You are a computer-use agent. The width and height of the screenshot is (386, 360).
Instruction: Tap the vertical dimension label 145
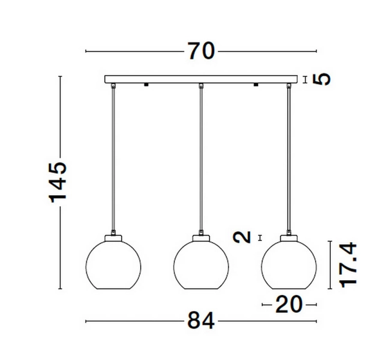click(x=59, y=182)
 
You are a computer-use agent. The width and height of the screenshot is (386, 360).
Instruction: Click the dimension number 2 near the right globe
click(x=243, y=237)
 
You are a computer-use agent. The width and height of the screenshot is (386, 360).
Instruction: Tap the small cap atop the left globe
click(x=113, y=237)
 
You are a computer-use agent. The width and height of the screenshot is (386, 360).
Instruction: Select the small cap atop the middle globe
click(x=201, y=237)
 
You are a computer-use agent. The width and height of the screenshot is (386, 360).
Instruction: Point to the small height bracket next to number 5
click(x=306, y=79)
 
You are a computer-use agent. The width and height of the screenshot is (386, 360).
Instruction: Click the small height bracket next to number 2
click(x=259, y=238)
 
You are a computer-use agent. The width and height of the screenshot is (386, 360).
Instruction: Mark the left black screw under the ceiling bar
click(x=147, y=85)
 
